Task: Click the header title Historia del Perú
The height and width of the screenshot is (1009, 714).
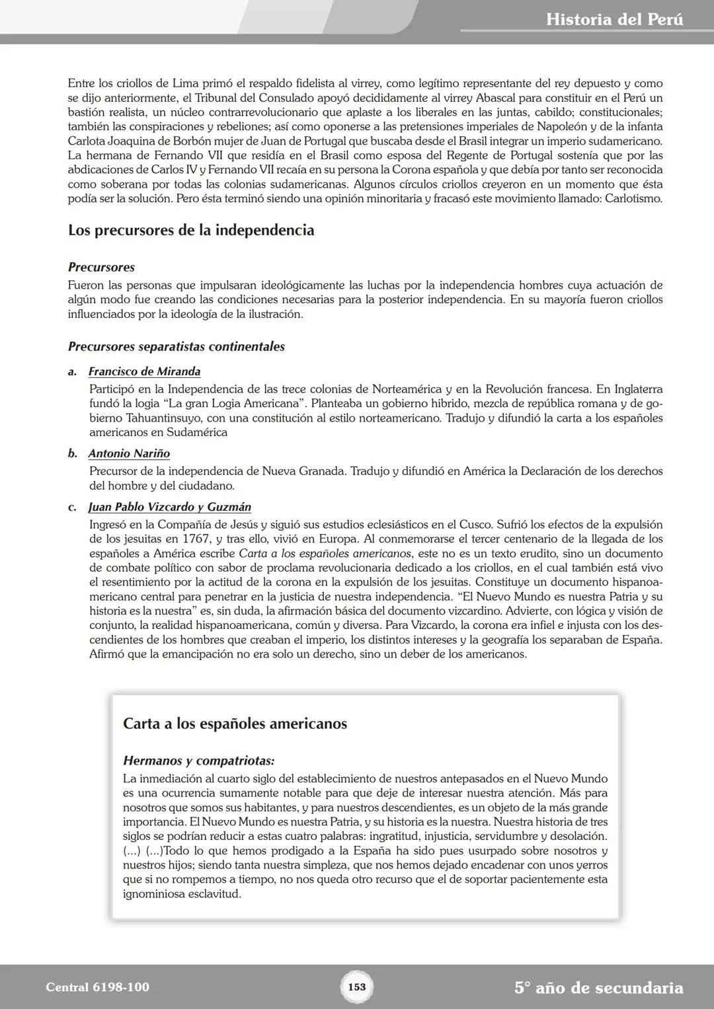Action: point(614,19)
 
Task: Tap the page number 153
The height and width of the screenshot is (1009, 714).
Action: point(356,987)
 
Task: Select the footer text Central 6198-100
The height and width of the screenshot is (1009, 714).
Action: point(98,987)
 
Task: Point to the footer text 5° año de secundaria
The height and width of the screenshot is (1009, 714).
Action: point(598,988)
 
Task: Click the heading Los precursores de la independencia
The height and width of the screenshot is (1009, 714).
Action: point(191,231)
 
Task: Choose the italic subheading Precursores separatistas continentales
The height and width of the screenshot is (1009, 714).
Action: point(177,347)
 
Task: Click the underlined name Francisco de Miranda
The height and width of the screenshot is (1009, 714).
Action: point(144,371)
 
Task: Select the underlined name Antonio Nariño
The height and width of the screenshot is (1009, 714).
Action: point(129,453)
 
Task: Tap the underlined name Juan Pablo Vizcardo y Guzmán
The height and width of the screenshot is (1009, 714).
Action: point(170,507)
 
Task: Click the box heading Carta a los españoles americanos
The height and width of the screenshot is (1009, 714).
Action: point(235,724)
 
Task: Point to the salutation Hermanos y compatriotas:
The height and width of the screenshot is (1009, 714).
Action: point(198,761)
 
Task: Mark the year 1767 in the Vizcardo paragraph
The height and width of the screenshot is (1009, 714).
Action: point(192,539)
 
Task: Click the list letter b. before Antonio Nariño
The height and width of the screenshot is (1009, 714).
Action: point(73,453)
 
